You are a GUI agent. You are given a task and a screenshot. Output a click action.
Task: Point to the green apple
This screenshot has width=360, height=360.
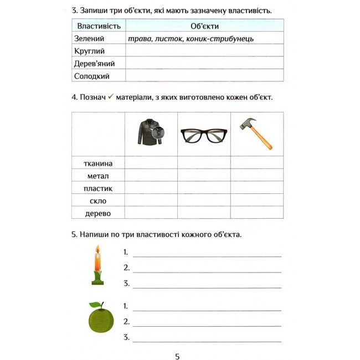[x=101, y=319]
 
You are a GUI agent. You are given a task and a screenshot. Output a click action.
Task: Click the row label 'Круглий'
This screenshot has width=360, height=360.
[x=89, y=51]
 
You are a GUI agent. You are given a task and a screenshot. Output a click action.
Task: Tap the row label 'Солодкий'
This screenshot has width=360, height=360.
[x=91, y=76]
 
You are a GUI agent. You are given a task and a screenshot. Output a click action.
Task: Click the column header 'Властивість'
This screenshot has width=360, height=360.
[x=99, y=26]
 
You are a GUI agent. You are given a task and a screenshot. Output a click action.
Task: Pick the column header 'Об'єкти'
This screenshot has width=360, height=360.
[x=204, y=26]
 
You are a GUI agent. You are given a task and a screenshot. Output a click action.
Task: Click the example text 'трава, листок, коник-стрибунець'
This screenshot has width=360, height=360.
[x=191, y=39]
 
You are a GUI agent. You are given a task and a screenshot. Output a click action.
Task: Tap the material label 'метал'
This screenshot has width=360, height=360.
[x=98, y=176]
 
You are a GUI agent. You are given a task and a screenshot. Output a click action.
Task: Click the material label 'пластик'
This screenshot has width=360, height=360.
[x=98, y=188]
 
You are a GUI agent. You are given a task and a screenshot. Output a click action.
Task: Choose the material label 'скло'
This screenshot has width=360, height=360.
[x=98, y=200]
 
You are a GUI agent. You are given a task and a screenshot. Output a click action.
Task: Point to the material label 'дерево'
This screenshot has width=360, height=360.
[x=98, y=213]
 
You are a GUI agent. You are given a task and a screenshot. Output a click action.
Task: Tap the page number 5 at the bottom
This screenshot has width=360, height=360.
[x=177, y=356]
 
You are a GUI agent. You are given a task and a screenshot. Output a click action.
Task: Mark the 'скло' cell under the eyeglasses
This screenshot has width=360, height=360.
[x=204, y=200]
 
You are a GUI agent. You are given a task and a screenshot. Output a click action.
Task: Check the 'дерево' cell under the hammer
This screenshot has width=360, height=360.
[x=256, y=213]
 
